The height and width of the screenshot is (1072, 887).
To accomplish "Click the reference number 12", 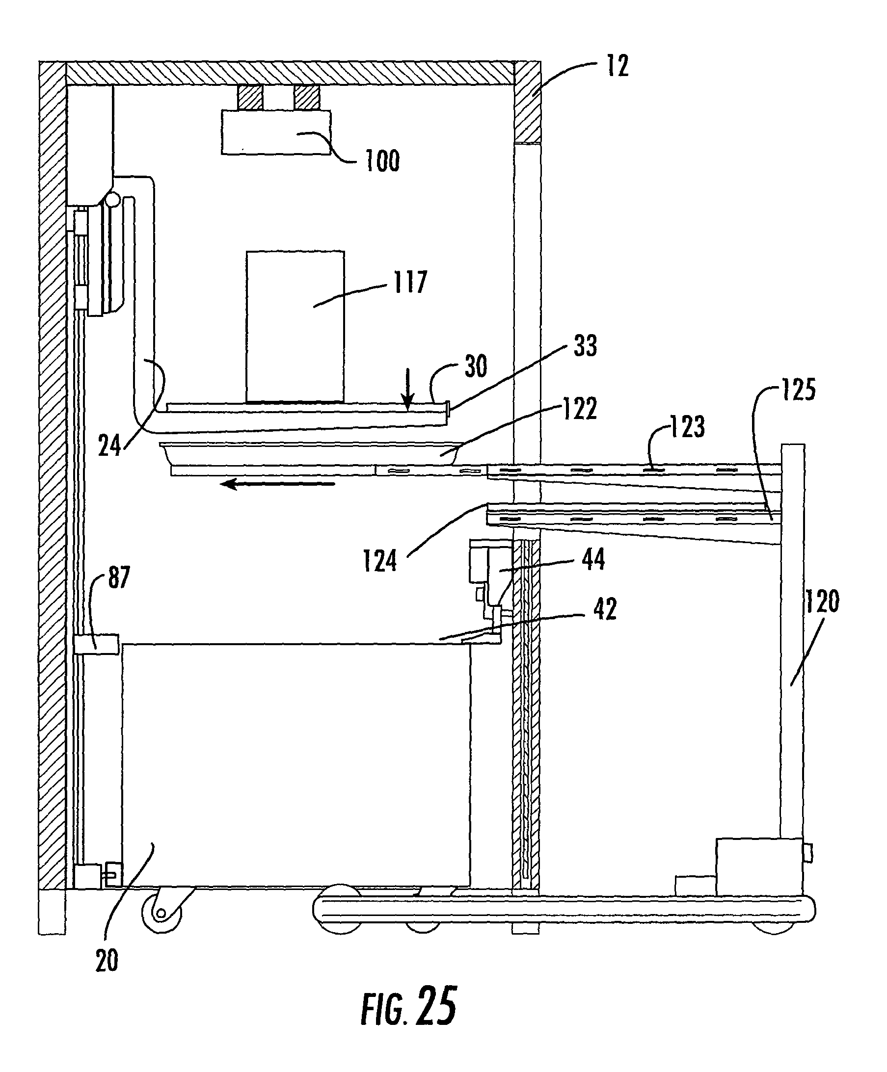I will click(618, 66).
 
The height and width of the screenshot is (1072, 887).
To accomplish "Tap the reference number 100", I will click(382, 161).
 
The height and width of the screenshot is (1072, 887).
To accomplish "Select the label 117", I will click(410, 282).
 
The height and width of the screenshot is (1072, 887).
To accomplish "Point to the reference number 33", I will click(585, 345).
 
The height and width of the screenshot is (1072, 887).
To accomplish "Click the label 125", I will click(798, 390).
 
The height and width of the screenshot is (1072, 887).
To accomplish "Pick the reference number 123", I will click(687, 426).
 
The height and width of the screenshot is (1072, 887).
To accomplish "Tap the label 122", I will click(580, 408).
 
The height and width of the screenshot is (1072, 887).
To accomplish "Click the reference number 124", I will click(380, 561).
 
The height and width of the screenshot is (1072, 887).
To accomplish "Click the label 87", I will click(119, 577).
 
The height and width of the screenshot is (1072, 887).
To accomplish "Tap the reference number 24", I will click(110, 445).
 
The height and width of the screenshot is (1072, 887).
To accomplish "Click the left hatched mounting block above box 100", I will click(250, 97).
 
